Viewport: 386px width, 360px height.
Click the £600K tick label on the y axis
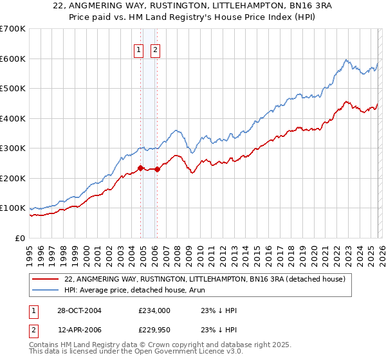click(x=13, y=59)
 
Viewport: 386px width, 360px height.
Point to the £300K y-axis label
click(x=13, y=148)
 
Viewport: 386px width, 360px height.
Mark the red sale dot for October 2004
click(x=141, y=168)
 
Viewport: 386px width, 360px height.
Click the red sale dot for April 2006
click(x=158, y=170)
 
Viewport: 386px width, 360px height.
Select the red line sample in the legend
click(x=45, y=279)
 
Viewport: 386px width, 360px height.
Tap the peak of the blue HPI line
click(x=346, y=60)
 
